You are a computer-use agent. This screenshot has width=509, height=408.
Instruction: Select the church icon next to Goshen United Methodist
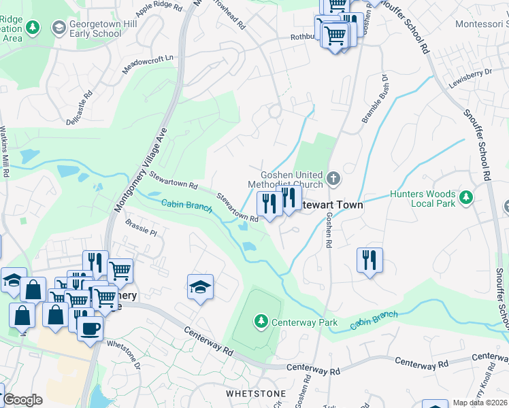pos(333,178)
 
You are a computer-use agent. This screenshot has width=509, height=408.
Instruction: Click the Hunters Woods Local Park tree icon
pos(466,198)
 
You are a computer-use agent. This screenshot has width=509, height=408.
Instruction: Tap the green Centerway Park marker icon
pos(261,320)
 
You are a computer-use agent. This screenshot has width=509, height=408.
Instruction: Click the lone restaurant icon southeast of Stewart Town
pos(370,259)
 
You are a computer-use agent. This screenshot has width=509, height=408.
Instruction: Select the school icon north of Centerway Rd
pos(201,287)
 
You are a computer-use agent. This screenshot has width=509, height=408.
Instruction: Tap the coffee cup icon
pos(89,328)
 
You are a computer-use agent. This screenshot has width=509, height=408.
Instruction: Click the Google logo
pos(22,400)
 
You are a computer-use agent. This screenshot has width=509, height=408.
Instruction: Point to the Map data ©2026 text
pos(480,403)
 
